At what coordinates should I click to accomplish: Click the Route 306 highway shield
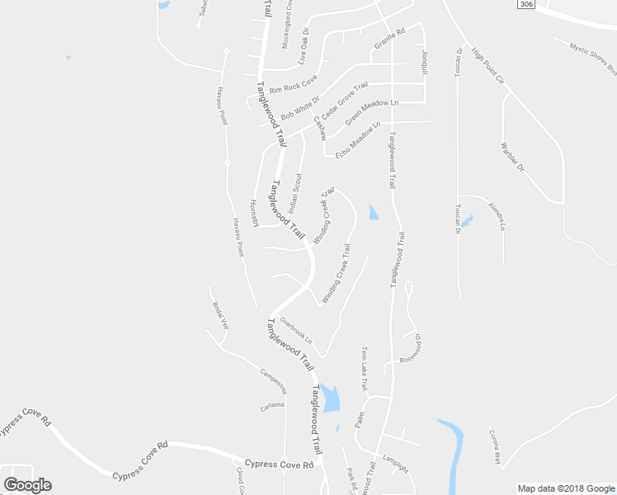pos(525,5)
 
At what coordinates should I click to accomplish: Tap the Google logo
pos(27,485)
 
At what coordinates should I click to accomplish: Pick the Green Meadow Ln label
pos(371,113)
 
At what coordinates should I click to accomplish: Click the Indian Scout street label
pos(294,194)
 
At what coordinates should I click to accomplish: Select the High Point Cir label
pos(487,65)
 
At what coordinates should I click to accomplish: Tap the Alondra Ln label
pos(496,215)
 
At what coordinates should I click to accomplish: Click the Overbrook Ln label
pos(296,330)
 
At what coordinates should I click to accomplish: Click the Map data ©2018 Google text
pos(566,488)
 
